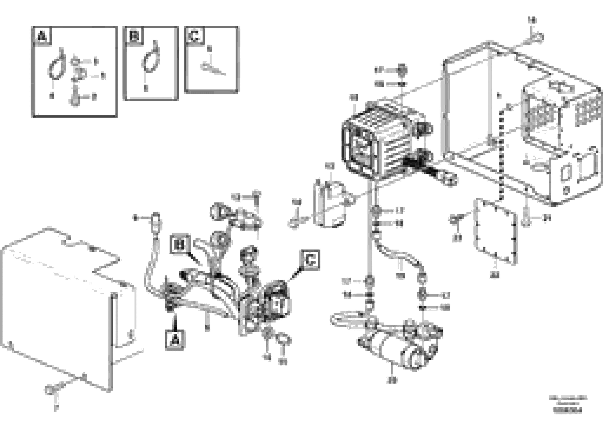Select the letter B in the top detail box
[134, 36]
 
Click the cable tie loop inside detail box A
[56, 69]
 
